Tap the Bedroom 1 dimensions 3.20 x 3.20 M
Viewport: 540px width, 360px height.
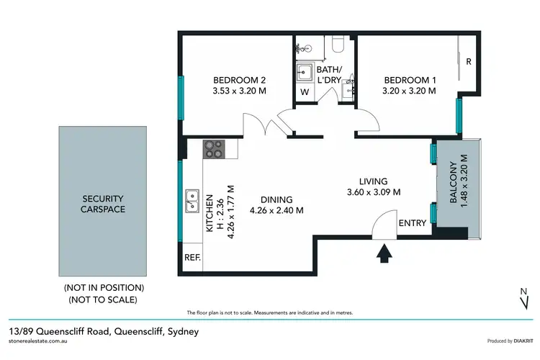[409, 91]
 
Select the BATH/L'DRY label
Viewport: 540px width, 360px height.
[331, 75]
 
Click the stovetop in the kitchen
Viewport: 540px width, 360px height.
[214, 149]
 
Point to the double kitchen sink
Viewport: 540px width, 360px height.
[192, 201]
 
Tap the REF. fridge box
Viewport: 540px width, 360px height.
[192, 256]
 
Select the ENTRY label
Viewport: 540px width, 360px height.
[413, 223]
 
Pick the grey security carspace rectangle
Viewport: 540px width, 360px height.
[102, 204]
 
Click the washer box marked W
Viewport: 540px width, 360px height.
[305, 92]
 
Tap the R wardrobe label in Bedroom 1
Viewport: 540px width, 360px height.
[468, 62]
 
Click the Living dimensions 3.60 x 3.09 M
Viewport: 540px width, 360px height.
[374, 192]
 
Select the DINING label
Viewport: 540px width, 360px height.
[276, 199]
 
